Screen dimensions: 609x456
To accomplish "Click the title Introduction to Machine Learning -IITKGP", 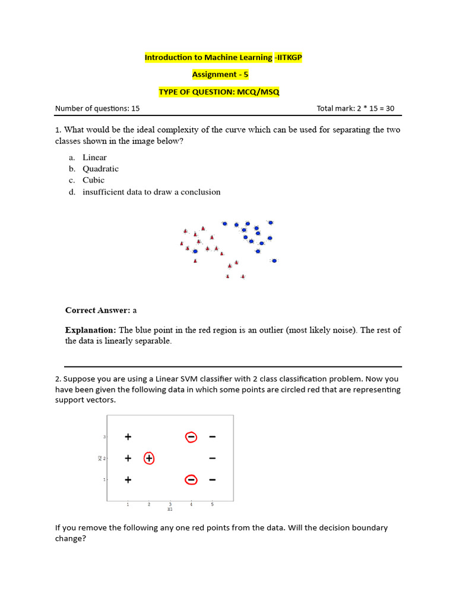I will coord(227,57).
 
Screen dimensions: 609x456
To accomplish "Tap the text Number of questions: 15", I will coord(97,108).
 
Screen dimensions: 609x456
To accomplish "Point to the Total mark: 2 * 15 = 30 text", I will coord(355,108).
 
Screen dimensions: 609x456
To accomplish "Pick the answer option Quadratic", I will coord(100,169).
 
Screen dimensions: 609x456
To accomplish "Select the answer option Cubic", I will coord(93,180).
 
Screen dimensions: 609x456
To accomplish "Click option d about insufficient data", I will coord(151,192).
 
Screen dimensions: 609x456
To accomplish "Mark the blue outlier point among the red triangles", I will coord(195,252).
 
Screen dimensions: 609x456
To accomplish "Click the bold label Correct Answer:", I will coord(97,310).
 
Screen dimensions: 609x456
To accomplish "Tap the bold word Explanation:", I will coord(90,330).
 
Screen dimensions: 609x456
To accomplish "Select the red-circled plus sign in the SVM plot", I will coord(149,458).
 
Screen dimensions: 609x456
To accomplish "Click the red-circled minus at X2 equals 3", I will coord(191,437).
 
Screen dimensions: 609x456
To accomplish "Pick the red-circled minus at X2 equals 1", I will coord(191,479).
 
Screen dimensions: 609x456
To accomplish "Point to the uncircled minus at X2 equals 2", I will coord(212,458).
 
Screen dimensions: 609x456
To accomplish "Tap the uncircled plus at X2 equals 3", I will coord(128,437).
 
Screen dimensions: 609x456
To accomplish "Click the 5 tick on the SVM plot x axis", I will coord(212,504).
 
